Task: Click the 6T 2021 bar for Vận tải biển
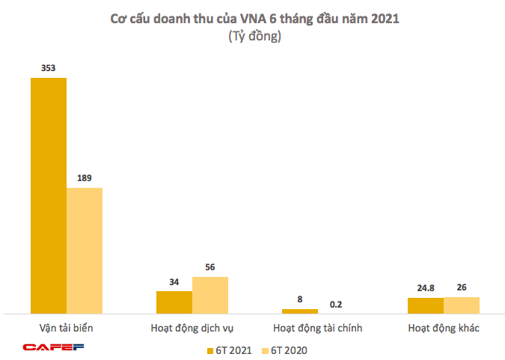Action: coord(48,195)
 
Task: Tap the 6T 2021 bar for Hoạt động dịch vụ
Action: coord(174,302)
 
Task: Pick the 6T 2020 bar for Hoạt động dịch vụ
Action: coord(210,294)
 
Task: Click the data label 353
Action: coord(48,68)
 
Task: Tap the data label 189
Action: coord(85,178)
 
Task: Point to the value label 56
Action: coord(210,267)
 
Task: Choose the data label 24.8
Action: coord(425,287)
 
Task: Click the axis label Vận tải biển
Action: coord(66,328)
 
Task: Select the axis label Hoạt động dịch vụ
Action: coord(192,328)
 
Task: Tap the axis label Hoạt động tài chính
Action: coord(317,328)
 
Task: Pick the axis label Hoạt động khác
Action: coord(443,328)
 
